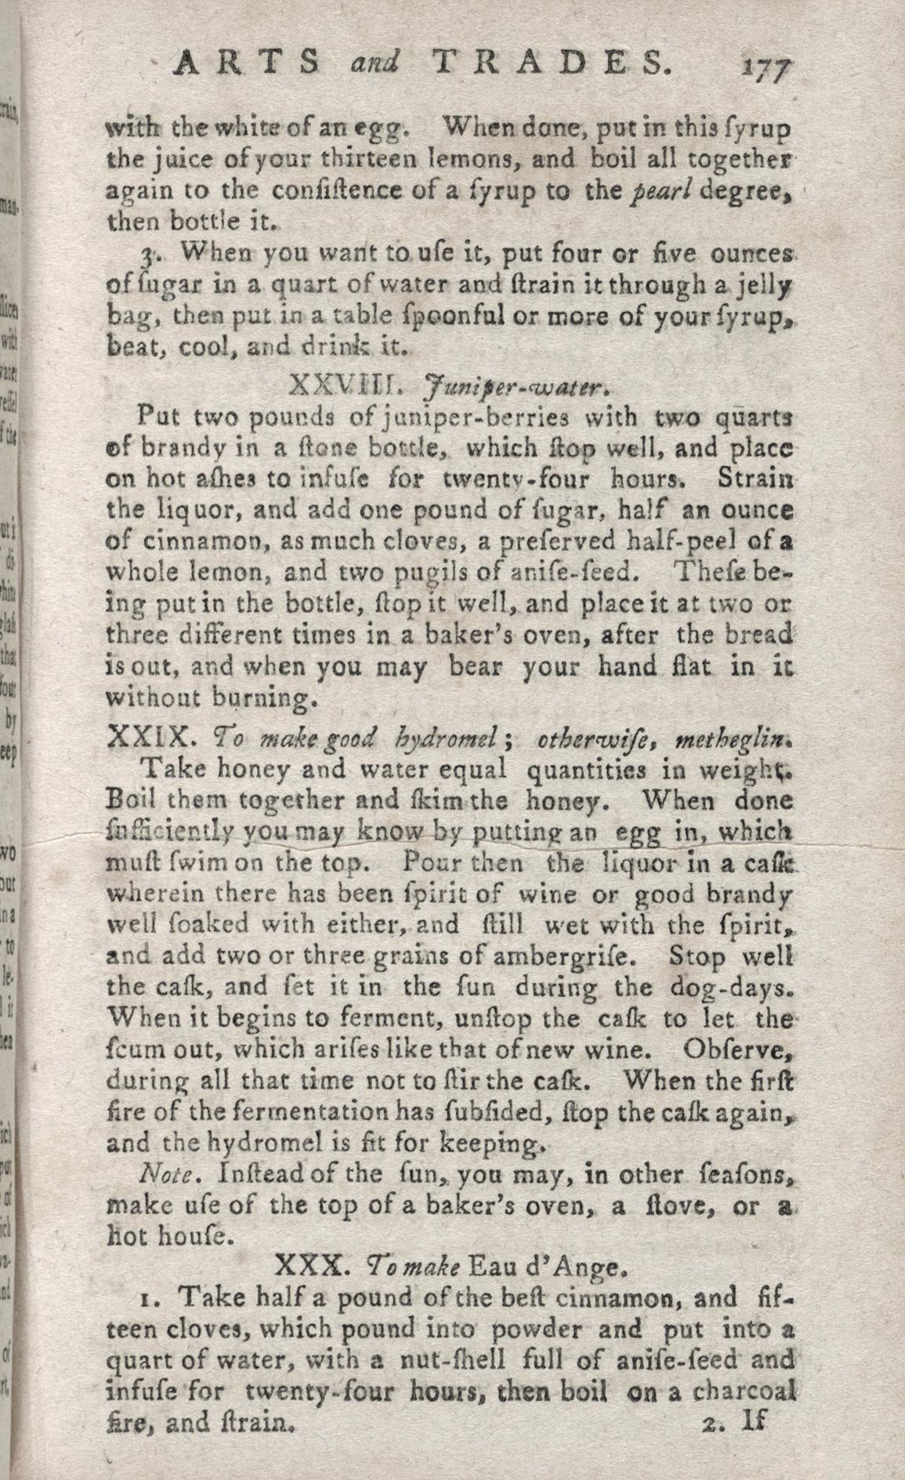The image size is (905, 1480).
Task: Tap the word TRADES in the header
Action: pyautogui.click(x=541, y=61)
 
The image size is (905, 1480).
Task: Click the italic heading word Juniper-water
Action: pyautogui.click(x=514, y=386)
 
